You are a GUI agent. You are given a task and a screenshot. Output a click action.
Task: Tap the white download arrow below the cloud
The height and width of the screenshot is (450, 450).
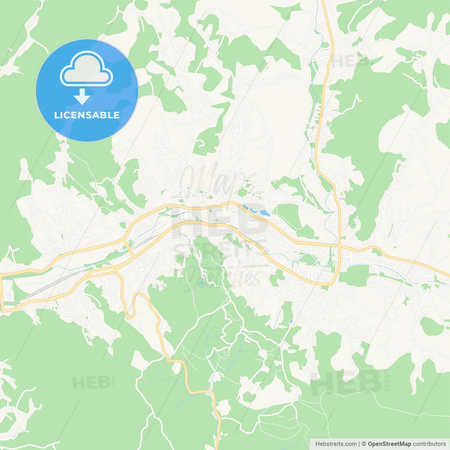point(82,97)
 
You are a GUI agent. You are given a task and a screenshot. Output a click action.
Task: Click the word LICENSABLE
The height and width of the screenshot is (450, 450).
point(87,115)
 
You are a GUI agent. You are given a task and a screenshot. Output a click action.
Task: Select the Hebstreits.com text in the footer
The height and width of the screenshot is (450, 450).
point(336,444)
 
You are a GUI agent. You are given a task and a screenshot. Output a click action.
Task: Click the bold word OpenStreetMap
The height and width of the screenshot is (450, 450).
point(389,444)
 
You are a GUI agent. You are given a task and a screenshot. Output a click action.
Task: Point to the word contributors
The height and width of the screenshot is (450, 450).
point(429,444)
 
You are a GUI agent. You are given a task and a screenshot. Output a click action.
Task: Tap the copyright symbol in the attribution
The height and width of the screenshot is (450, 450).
point(364,444)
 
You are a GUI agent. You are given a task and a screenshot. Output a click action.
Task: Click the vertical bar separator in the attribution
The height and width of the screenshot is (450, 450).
point(359,444)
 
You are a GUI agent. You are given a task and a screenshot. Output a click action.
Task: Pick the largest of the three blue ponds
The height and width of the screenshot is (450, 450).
point(264,213)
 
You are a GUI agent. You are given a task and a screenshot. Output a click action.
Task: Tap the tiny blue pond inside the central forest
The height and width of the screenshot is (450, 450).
point(201,283)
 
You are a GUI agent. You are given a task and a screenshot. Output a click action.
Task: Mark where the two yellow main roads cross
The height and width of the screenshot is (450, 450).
point(339,246)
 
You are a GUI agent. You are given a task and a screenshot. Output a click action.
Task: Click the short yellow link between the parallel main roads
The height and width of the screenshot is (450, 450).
point(129,248)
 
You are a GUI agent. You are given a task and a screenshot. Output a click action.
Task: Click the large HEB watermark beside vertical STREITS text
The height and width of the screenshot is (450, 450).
point(346,382)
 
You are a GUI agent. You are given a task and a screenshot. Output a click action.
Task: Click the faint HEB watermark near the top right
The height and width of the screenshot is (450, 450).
point(350,60)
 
